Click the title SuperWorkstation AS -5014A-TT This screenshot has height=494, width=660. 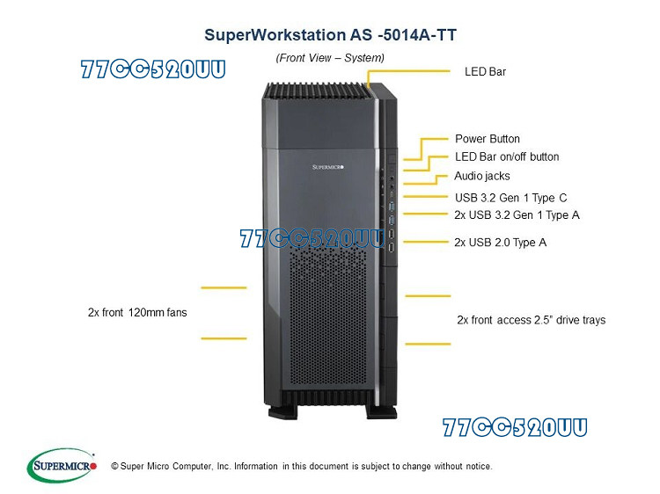coord(330,35)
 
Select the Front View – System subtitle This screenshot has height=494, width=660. coord(330,57)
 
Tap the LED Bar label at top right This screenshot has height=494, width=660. coord(485,71)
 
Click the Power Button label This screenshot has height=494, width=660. coord(487,139)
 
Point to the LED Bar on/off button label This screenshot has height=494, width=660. coord(507,157)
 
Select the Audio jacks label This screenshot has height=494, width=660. coord(481,176)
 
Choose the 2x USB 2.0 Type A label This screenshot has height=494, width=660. coord(500,242)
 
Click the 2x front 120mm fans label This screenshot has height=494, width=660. coord(137,312)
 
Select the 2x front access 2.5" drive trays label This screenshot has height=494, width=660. coord(532,320)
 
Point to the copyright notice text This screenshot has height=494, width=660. coord(302,466)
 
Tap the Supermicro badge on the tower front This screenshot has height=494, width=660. coord(333,165)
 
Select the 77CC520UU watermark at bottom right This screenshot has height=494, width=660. coord(515,428)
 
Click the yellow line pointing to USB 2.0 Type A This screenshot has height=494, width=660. coord(425,241)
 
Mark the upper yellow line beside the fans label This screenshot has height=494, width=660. coord(224,287)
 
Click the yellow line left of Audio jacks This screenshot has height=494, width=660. coord(429,182)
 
